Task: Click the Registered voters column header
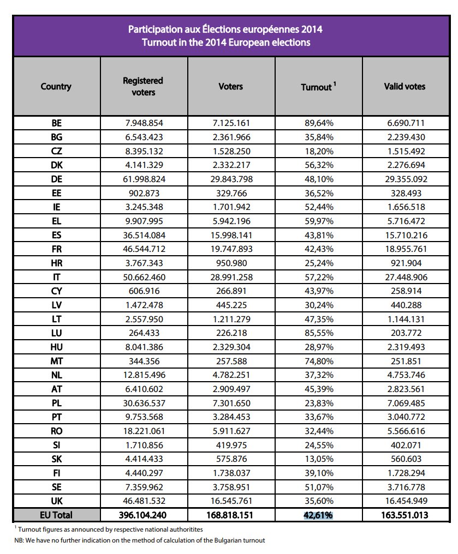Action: (143, 86)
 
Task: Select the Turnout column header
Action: (317, 87)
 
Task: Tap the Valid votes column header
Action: (405, 86)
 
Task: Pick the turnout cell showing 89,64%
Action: (319, 123)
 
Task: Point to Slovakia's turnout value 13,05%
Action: (319, 459)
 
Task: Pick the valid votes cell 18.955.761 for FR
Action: (405, 249)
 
